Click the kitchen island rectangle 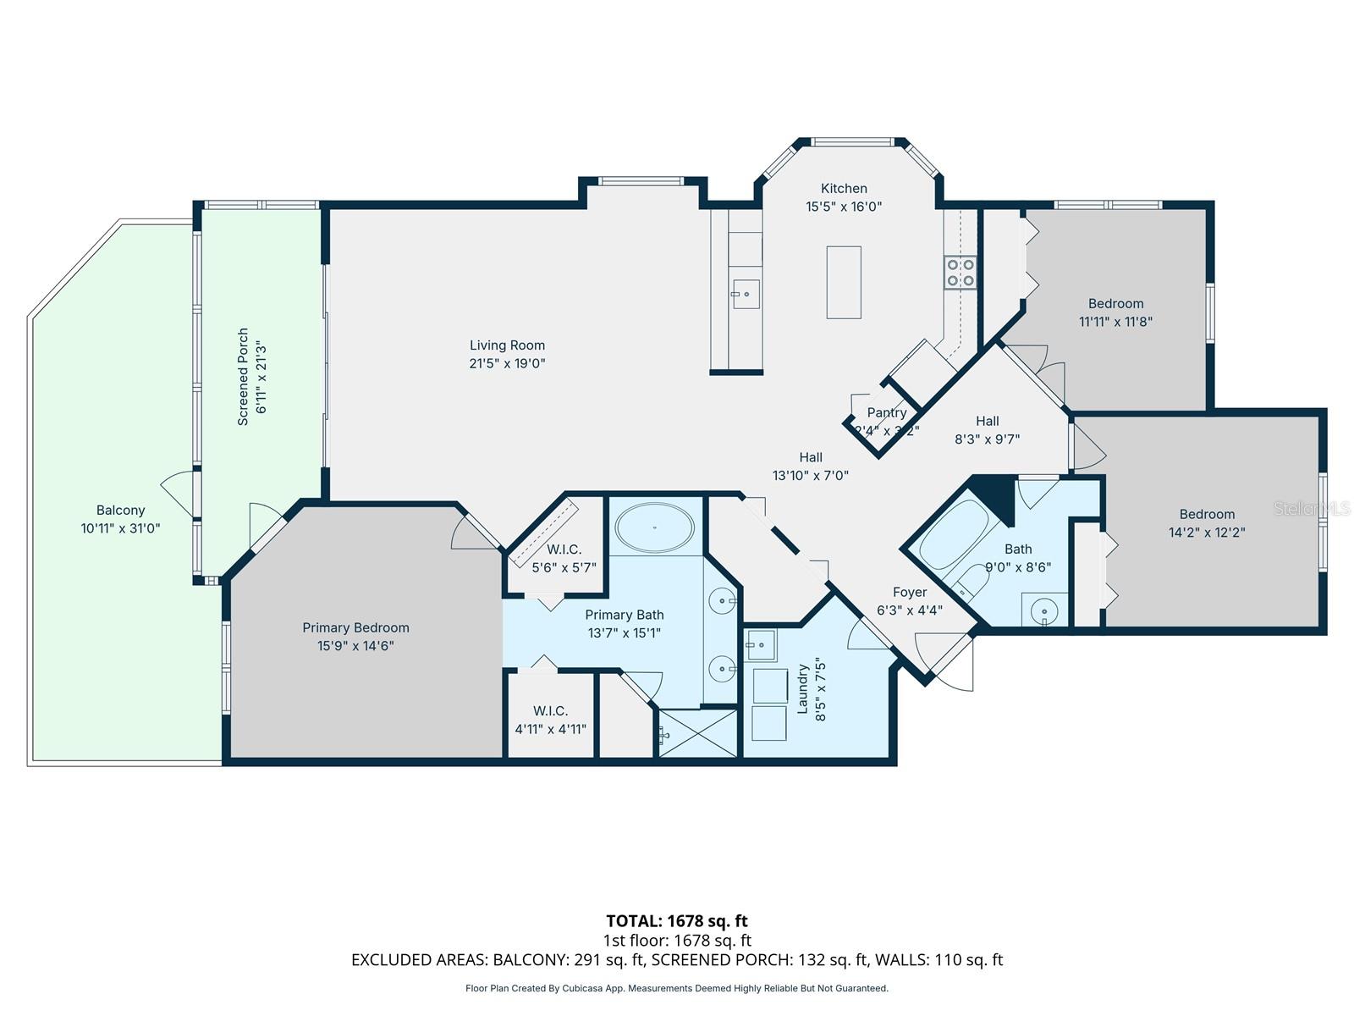coord(844,282)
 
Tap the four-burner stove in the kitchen coord(960,273)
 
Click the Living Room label coord(507,345)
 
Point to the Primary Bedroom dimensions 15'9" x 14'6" coord(355,646)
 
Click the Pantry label coord(886,412)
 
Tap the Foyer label coord(909,592)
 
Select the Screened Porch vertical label coord(243,376)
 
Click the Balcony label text coord(120,510)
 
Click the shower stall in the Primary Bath coord(697,733)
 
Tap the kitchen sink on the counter coord(746,294)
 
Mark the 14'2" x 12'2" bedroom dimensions coord(1207,533)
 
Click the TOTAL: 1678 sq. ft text coord(676,920)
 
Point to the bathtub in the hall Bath coord(953,535)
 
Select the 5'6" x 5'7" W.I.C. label coord(564,567)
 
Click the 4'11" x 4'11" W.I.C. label coord(550,729)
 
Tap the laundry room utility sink coord(760,645)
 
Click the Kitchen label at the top coord(844,188)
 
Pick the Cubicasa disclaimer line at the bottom coord(676,988)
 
